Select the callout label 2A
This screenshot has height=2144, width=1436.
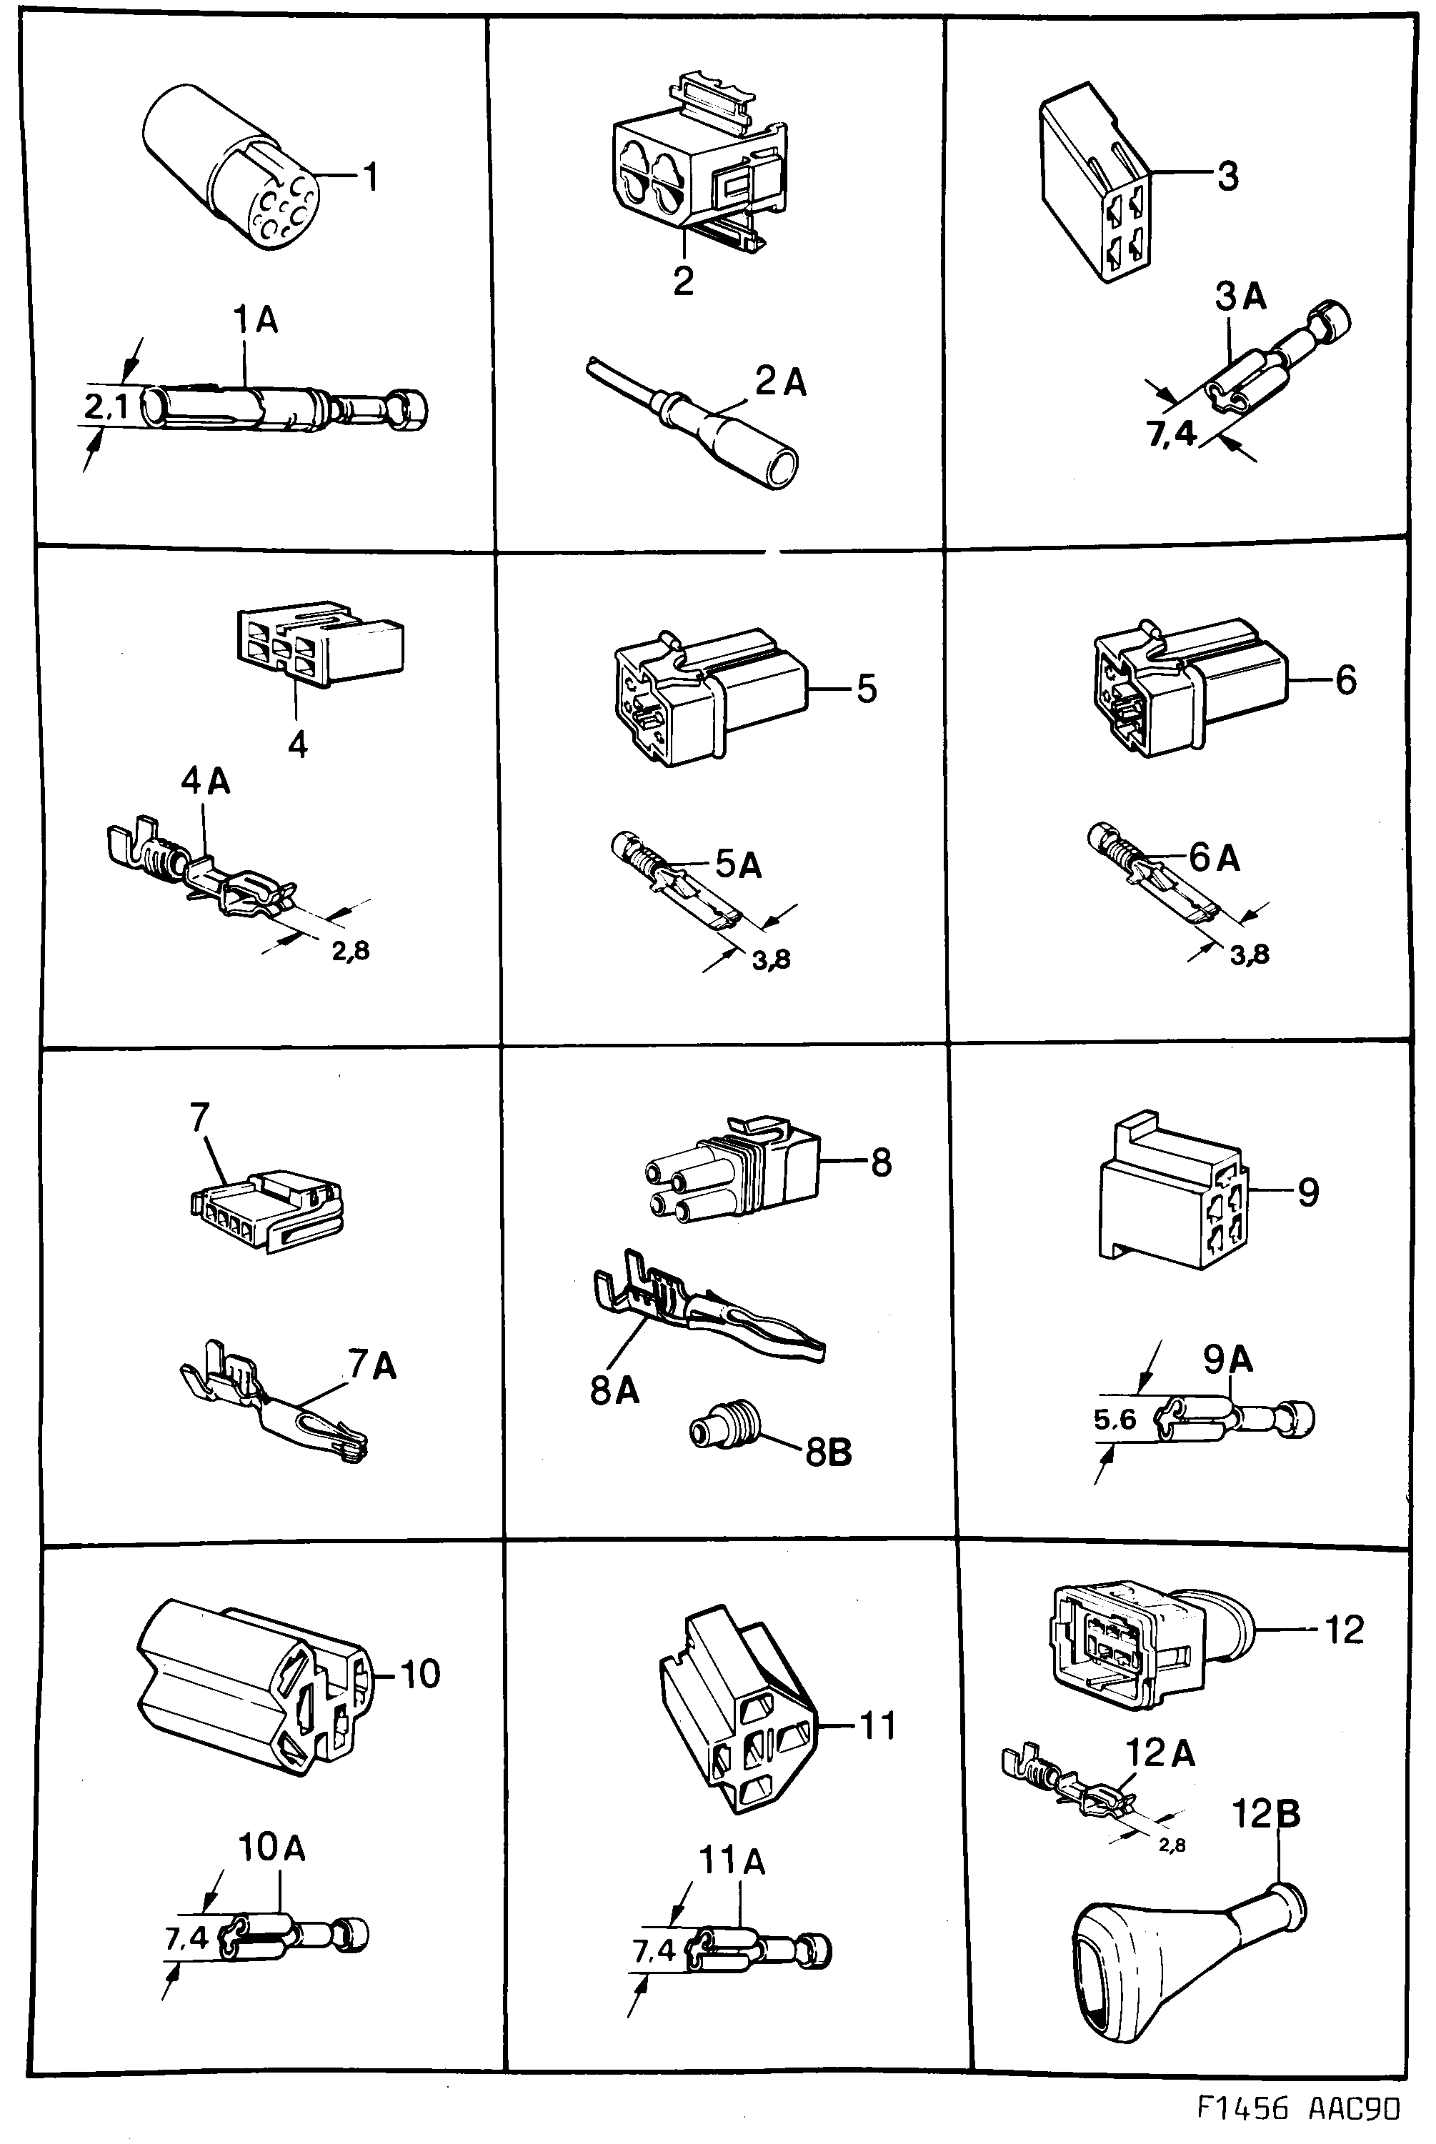[x=780, y=383]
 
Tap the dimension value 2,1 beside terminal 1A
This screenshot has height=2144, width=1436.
[x=106, y=407]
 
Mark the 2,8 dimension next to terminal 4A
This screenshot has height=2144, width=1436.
[x=351, y=951]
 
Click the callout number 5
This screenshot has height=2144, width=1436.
[x=867, y=688]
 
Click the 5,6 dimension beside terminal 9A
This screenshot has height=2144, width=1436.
[x=1115, y=1420]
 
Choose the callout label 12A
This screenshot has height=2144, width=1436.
[x=1160, y=1753]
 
